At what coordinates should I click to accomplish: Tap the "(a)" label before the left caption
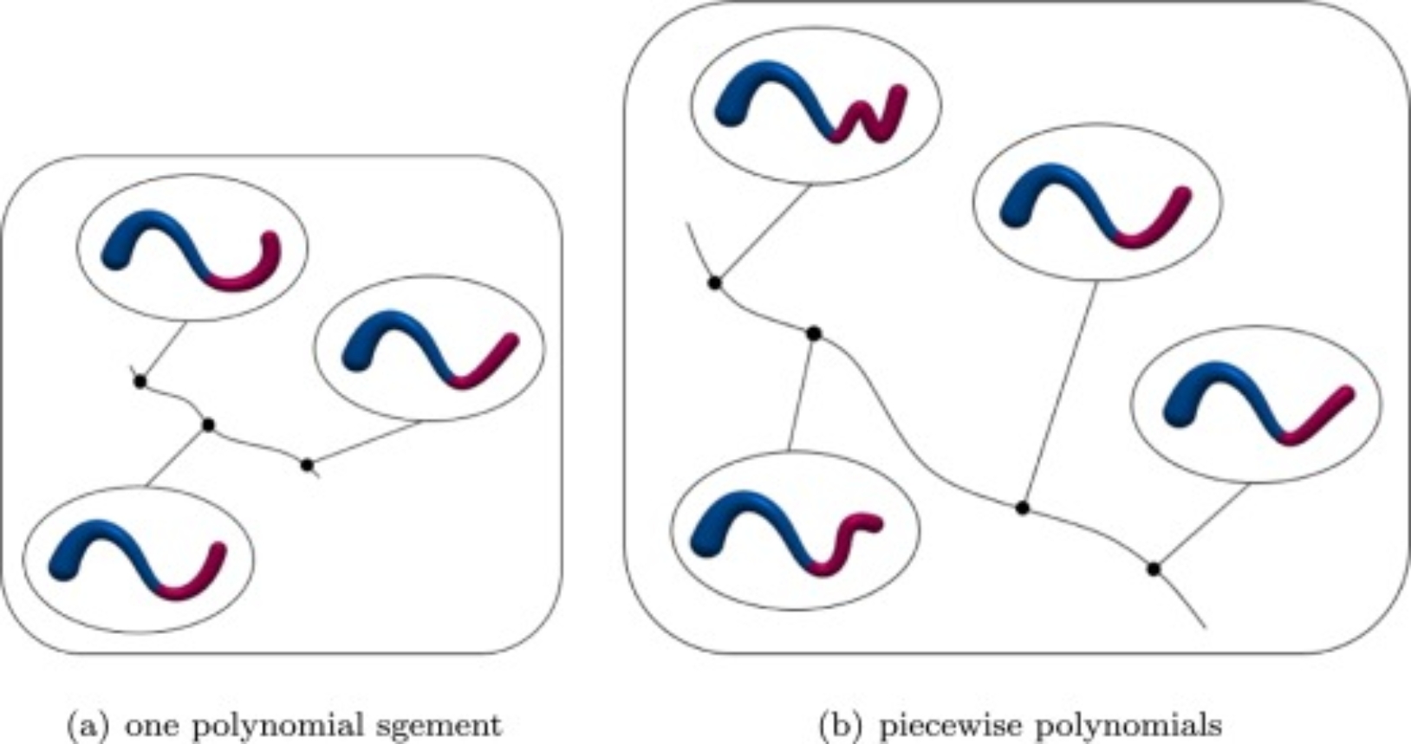(90, 723)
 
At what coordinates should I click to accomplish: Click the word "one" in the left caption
(149, 723)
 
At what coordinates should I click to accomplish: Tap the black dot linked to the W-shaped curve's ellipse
(715, 283)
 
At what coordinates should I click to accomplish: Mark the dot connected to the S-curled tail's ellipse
(813, 333)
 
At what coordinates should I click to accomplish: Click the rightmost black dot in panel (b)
(1154, 569)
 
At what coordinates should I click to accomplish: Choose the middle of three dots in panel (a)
(208, 424)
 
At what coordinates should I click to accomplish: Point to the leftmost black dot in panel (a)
(140, 381)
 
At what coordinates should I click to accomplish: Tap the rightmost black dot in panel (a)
(307, 465)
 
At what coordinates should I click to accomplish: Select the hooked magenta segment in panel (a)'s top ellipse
(251, 273)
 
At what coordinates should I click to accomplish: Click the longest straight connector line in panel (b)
(1059, 394)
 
